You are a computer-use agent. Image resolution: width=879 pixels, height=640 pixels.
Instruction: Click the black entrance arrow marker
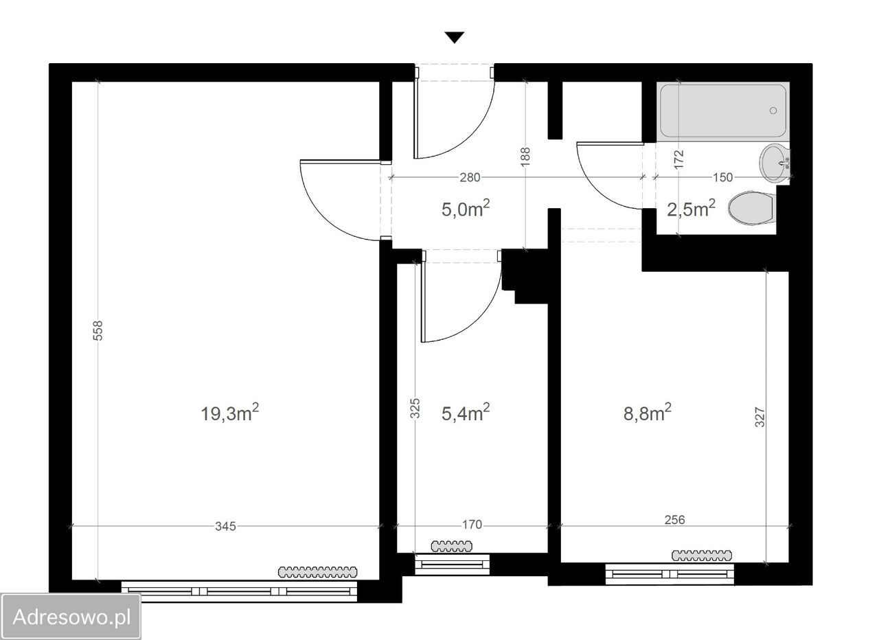click(455, 37)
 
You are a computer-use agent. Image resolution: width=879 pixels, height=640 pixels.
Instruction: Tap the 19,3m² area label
click(229, 413)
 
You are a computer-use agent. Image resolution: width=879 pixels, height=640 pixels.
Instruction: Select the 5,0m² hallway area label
click(466, 208)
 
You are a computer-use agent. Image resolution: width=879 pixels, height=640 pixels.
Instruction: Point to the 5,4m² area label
click(466, 413)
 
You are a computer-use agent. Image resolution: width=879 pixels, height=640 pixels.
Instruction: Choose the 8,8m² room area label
click(648, 413)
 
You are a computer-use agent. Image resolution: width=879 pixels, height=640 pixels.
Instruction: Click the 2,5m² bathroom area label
click(691, 208)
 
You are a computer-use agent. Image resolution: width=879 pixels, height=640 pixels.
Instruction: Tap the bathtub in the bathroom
click(723, 111)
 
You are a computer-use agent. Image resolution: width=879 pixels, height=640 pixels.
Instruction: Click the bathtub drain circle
click(773, 111)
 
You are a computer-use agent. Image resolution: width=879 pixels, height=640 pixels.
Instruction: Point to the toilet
click(752, 208)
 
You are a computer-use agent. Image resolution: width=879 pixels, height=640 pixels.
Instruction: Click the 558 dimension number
click(98, 330)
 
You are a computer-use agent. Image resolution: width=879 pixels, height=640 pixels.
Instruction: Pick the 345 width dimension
click(226, 526)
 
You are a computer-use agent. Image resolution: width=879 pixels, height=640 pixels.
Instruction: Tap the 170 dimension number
click(472, 525)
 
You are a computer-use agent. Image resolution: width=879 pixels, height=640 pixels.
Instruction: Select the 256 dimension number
click(674, 520)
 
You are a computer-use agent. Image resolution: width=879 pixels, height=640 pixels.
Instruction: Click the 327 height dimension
click(760, 417)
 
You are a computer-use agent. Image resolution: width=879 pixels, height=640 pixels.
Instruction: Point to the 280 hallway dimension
click(470, 178)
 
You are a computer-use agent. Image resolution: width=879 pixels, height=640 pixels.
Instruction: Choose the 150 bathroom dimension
click(723, 178)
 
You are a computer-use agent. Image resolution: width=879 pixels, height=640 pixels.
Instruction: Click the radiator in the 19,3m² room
click(318, 572)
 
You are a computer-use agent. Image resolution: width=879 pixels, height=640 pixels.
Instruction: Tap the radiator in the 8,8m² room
click(702, 556)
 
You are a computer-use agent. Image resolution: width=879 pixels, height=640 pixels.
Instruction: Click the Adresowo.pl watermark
click(71, 617)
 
